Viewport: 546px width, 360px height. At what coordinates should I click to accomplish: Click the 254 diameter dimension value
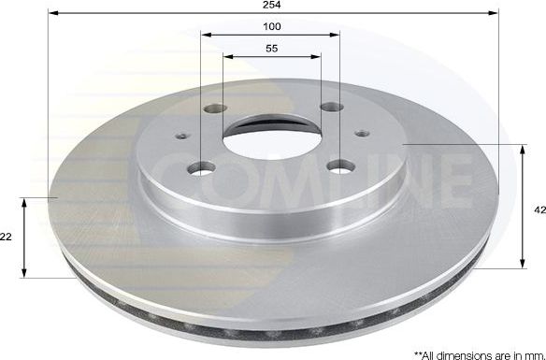click(272, 5)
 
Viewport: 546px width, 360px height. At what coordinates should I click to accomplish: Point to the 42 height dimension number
click(539, 211)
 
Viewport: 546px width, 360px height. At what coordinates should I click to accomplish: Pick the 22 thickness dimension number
click(7, 238)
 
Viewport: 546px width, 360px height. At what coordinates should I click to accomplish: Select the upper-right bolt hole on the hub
click(331, 107)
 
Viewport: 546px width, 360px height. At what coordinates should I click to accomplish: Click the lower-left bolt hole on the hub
click(201, 168)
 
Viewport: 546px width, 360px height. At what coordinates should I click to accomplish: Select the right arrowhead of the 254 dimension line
click(495, 13)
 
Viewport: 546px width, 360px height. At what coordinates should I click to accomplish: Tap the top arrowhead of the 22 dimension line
click(25, 201)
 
